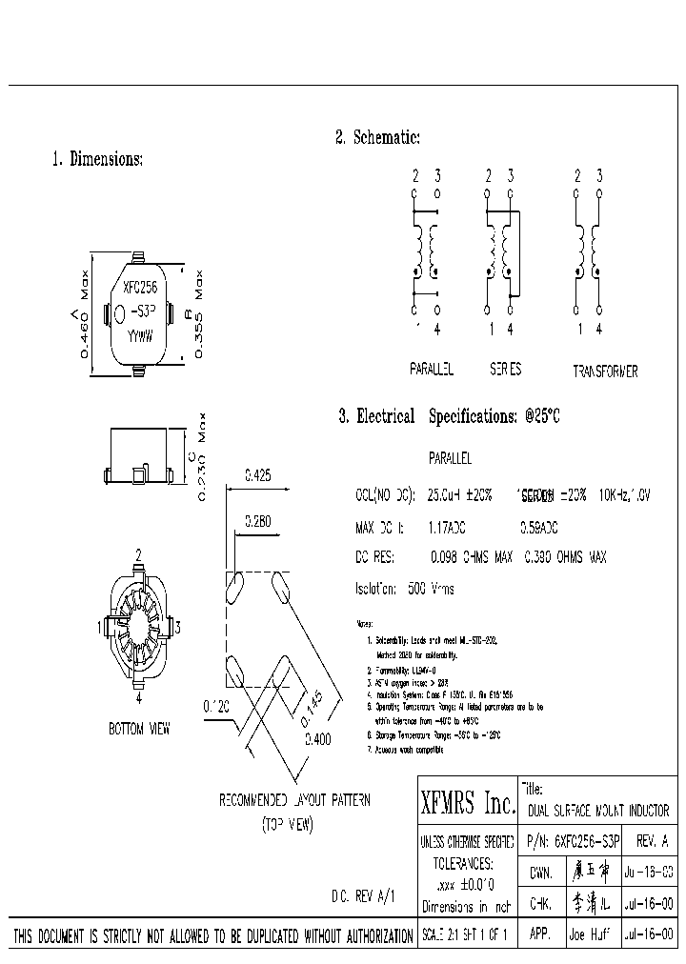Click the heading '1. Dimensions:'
[x=96, y=159]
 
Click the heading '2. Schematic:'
[x=377, y=137]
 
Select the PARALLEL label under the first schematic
[x=431, y=369]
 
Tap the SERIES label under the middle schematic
[x=505, y=369]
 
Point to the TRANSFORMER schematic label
[x=605, y=372]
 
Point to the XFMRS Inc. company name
[x=468, y=805]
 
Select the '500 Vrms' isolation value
[x=432, y=589]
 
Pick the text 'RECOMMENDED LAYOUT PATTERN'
[x=294, y=800]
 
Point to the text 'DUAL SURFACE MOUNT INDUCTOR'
[x=598, y=812]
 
